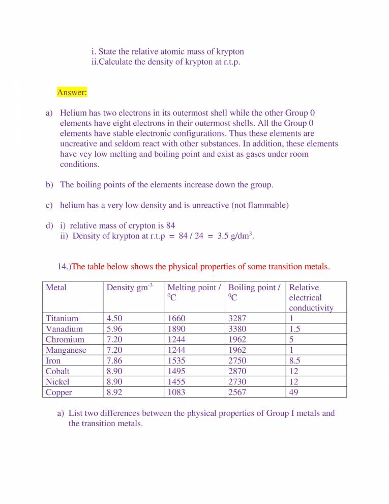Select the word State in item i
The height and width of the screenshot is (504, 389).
coord(108,51)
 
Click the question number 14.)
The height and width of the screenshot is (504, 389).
coord(64,266)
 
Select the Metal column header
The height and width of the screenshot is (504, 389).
coord(56,288)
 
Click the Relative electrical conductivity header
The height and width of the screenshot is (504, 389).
coord(311,297)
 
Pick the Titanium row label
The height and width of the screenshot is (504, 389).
coord(62,319)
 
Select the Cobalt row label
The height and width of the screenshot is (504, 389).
coord(57,371)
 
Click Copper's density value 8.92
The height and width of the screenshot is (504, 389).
coord(114,392)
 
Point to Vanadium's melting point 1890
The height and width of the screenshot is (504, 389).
coord(176,329)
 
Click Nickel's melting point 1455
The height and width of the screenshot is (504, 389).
coord(176,381)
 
